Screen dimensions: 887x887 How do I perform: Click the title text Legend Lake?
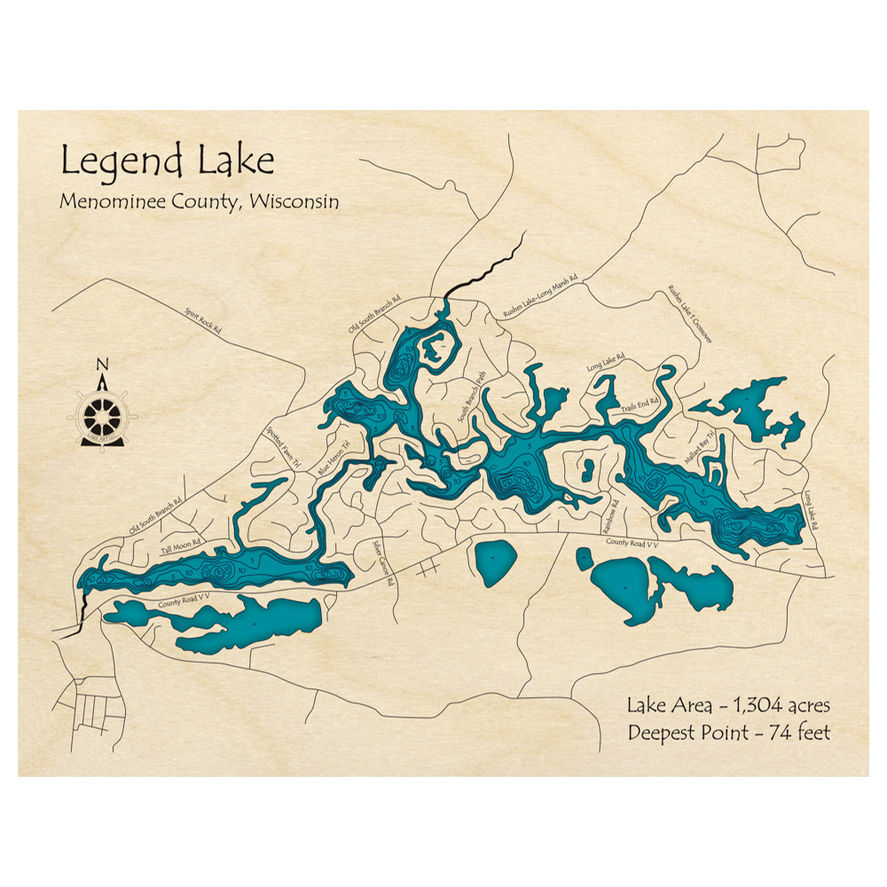pyautogui.click(x=168, y=161)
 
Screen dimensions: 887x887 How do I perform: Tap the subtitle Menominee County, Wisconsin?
pyautogui.click(x=199, y=201)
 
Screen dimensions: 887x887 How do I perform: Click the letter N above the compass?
pyautogui.click(x=102, y=365)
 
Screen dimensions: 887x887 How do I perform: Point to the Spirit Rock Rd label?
pyautogui.click(x=203, y=320)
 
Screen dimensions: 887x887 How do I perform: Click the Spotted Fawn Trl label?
pyautogui.click(x=285, y=446)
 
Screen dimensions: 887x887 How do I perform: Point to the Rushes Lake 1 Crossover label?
pyautogui.click(x=691, y=314)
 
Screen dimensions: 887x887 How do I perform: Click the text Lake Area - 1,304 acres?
pyautogui.click(x=728, y=706)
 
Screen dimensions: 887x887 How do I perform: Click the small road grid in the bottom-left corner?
pyautogui.click(x=93, y=710)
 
